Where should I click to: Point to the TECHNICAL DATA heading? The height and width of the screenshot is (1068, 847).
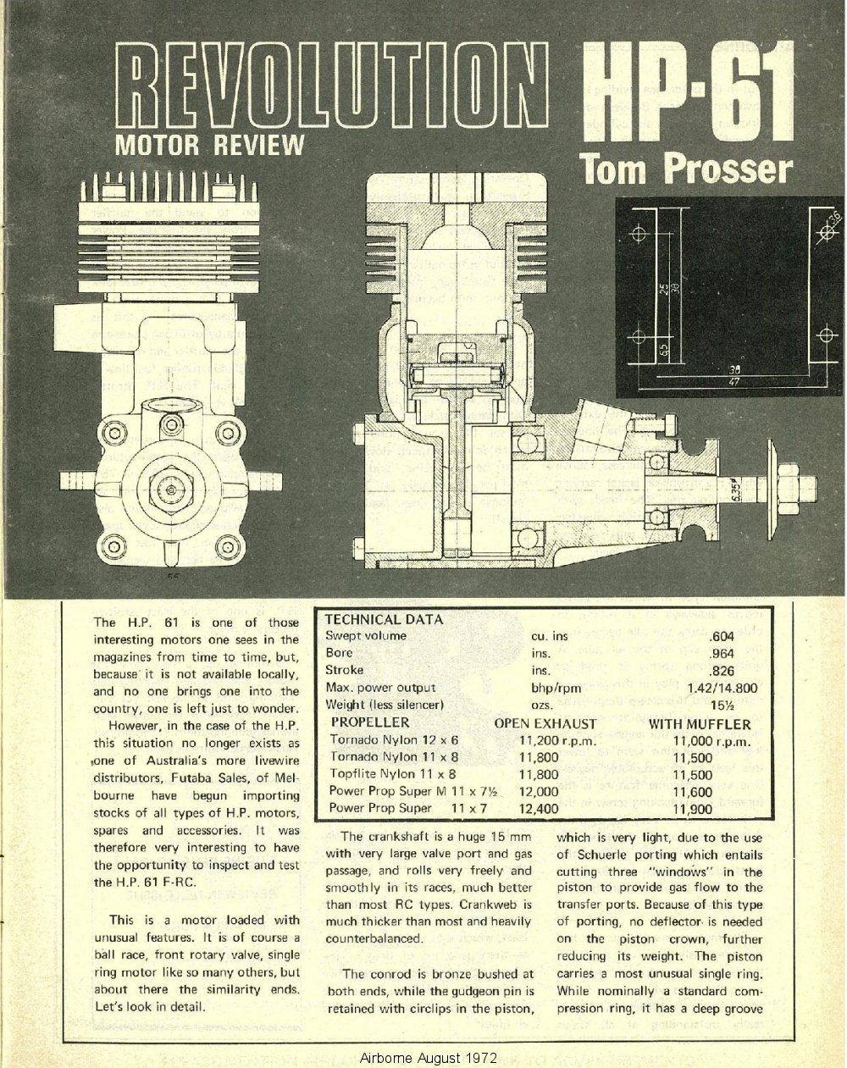pos(384,619)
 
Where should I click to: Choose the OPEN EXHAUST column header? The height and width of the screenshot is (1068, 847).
pos(545,724)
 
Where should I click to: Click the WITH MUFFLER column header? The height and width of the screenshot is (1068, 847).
pos(700,724)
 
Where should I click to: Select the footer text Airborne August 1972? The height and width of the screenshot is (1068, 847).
pos(428,1058)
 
